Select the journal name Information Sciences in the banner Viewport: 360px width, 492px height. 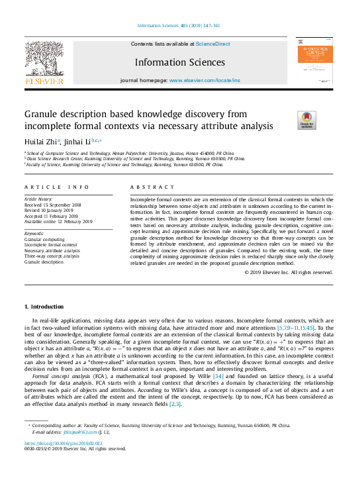coord(179,62)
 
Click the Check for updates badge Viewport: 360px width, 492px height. coord(307,119)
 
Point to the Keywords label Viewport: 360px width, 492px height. coord(34,234)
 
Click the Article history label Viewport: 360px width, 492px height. coord(38,199)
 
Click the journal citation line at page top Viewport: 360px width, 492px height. coord(179,25)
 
